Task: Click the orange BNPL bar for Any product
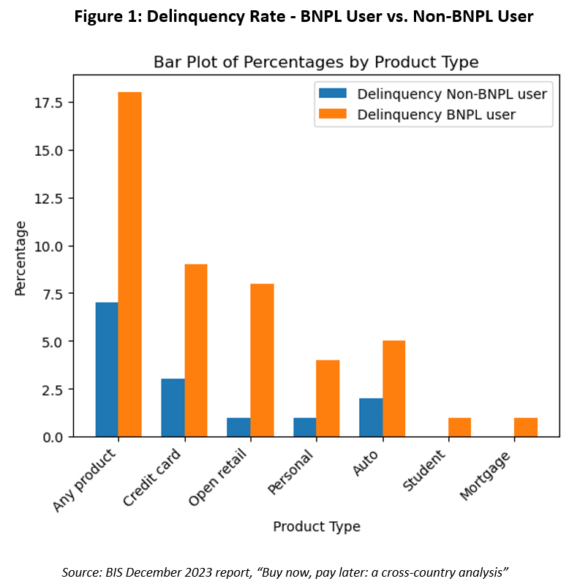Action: tap(129, 265)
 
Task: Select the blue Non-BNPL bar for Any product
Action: tap(107, 369)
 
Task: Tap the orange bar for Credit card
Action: tap(196, 350)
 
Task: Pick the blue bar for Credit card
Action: tap(173, 407)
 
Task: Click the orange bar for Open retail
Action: tap(262, 360)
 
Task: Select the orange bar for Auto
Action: tap(393, 388)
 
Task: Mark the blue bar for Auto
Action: tap(371, 417)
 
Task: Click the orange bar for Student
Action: tap(459, 427)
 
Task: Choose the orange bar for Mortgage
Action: tap(526, 427)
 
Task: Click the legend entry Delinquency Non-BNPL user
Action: tap(451, 94)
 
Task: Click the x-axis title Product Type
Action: tap(316, 526)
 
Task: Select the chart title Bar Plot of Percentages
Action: tap(316, 61)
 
